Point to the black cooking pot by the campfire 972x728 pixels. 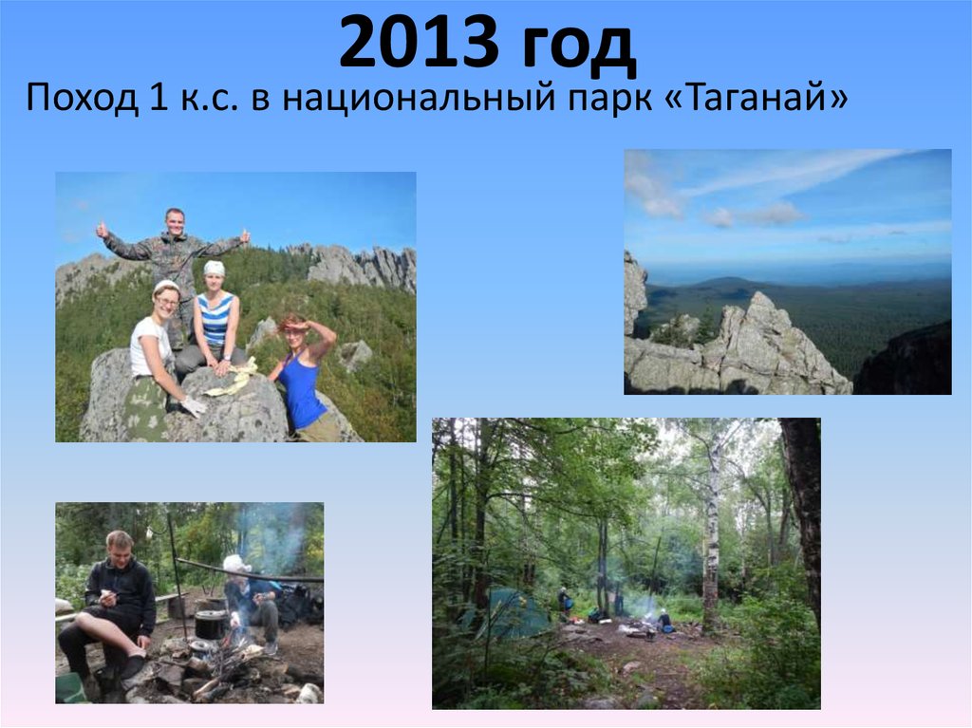tap(210, 624)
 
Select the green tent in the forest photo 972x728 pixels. tap(512, 612)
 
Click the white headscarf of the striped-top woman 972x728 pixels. tap(215, 269)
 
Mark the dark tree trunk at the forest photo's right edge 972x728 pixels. tap(803, 513)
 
